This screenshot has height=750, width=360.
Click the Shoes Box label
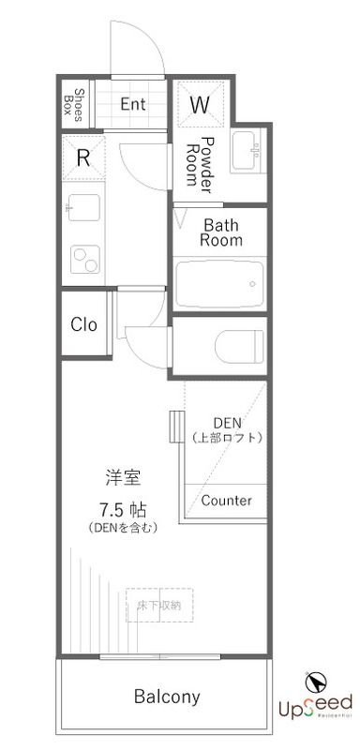click(80, 106)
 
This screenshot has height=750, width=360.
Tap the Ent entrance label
click(133, 104)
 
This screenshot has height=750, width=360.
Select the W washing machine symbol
click(200, 105)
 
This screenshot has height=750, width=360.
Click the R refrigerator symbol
click(83, 157)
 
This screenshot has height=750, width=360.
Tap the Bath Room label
click(223, 232)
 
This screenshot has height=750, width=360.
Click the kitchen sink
click(82, 206)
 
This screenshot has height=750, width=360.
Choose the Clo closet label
click(84, 324)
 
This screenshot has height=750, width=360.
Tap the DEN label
click(227, 421)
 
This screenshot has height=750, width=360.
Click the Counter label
click(226, 501)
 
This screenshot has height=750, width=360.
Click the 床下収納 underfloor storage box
click(159, 605)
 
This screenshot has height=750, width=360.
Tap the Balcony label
click(167, 697)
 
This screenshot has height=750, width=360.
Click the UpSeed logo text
click(313, 703)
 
